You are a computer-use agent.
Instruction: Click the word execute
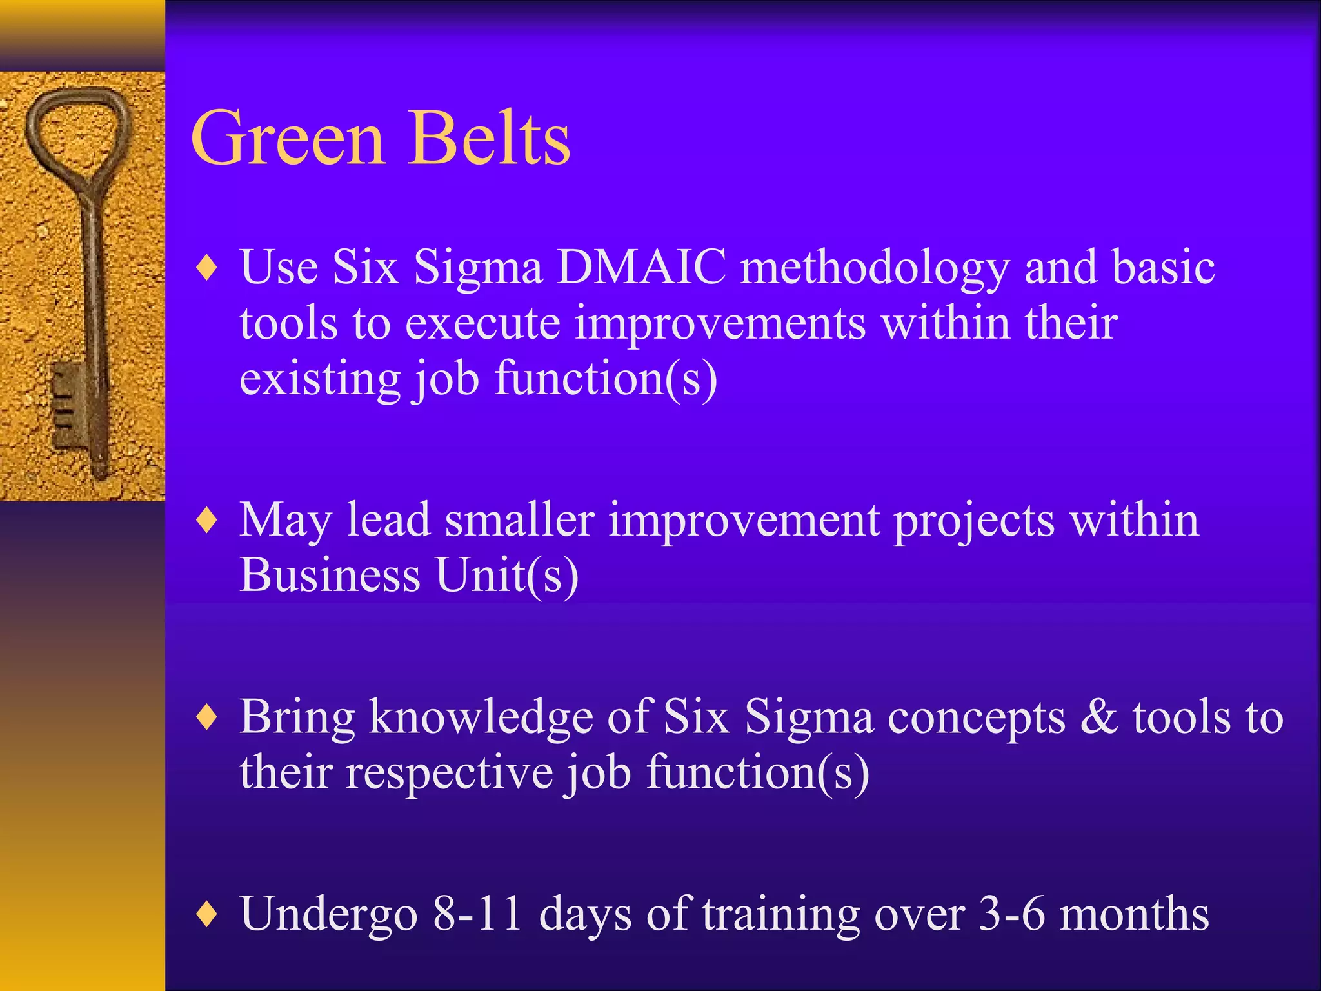tap(482, 323)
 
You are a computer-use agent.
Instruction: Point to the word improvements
tap(720, 325)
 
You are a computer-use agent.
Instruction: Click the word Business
tap(330, 575)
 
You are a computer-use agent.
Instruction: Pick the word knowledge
tap(481, 719)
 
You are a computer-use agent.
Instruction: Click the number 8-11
tap(477, 914)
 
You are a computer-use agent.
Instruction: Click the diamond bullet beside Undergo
tap(207, 914)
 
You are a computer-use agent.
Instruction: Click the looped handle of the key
tap(75, 129)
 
